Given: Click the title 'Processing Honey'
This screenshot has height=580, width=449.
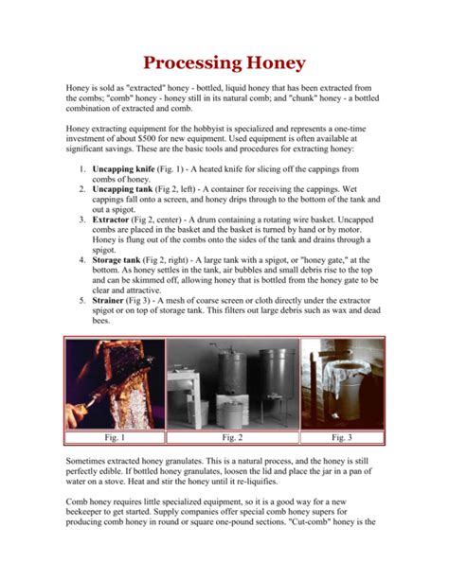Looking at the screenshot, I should pos(224,64).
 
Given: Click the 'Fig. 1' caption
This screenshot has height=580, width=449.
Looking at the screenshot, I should pos(113,438).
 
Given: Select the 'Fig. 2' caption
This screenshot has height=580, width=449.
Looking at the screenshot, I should pos(232,438).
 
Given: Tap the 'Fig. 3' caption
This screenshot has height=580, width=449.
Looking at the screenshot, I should pos(343,438).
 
